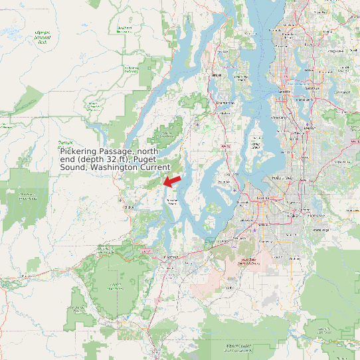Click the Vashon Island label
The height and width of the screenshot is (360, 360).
tap(254, 145)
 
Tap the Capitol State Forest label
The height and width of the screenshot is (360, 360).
tap(117, 286)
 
